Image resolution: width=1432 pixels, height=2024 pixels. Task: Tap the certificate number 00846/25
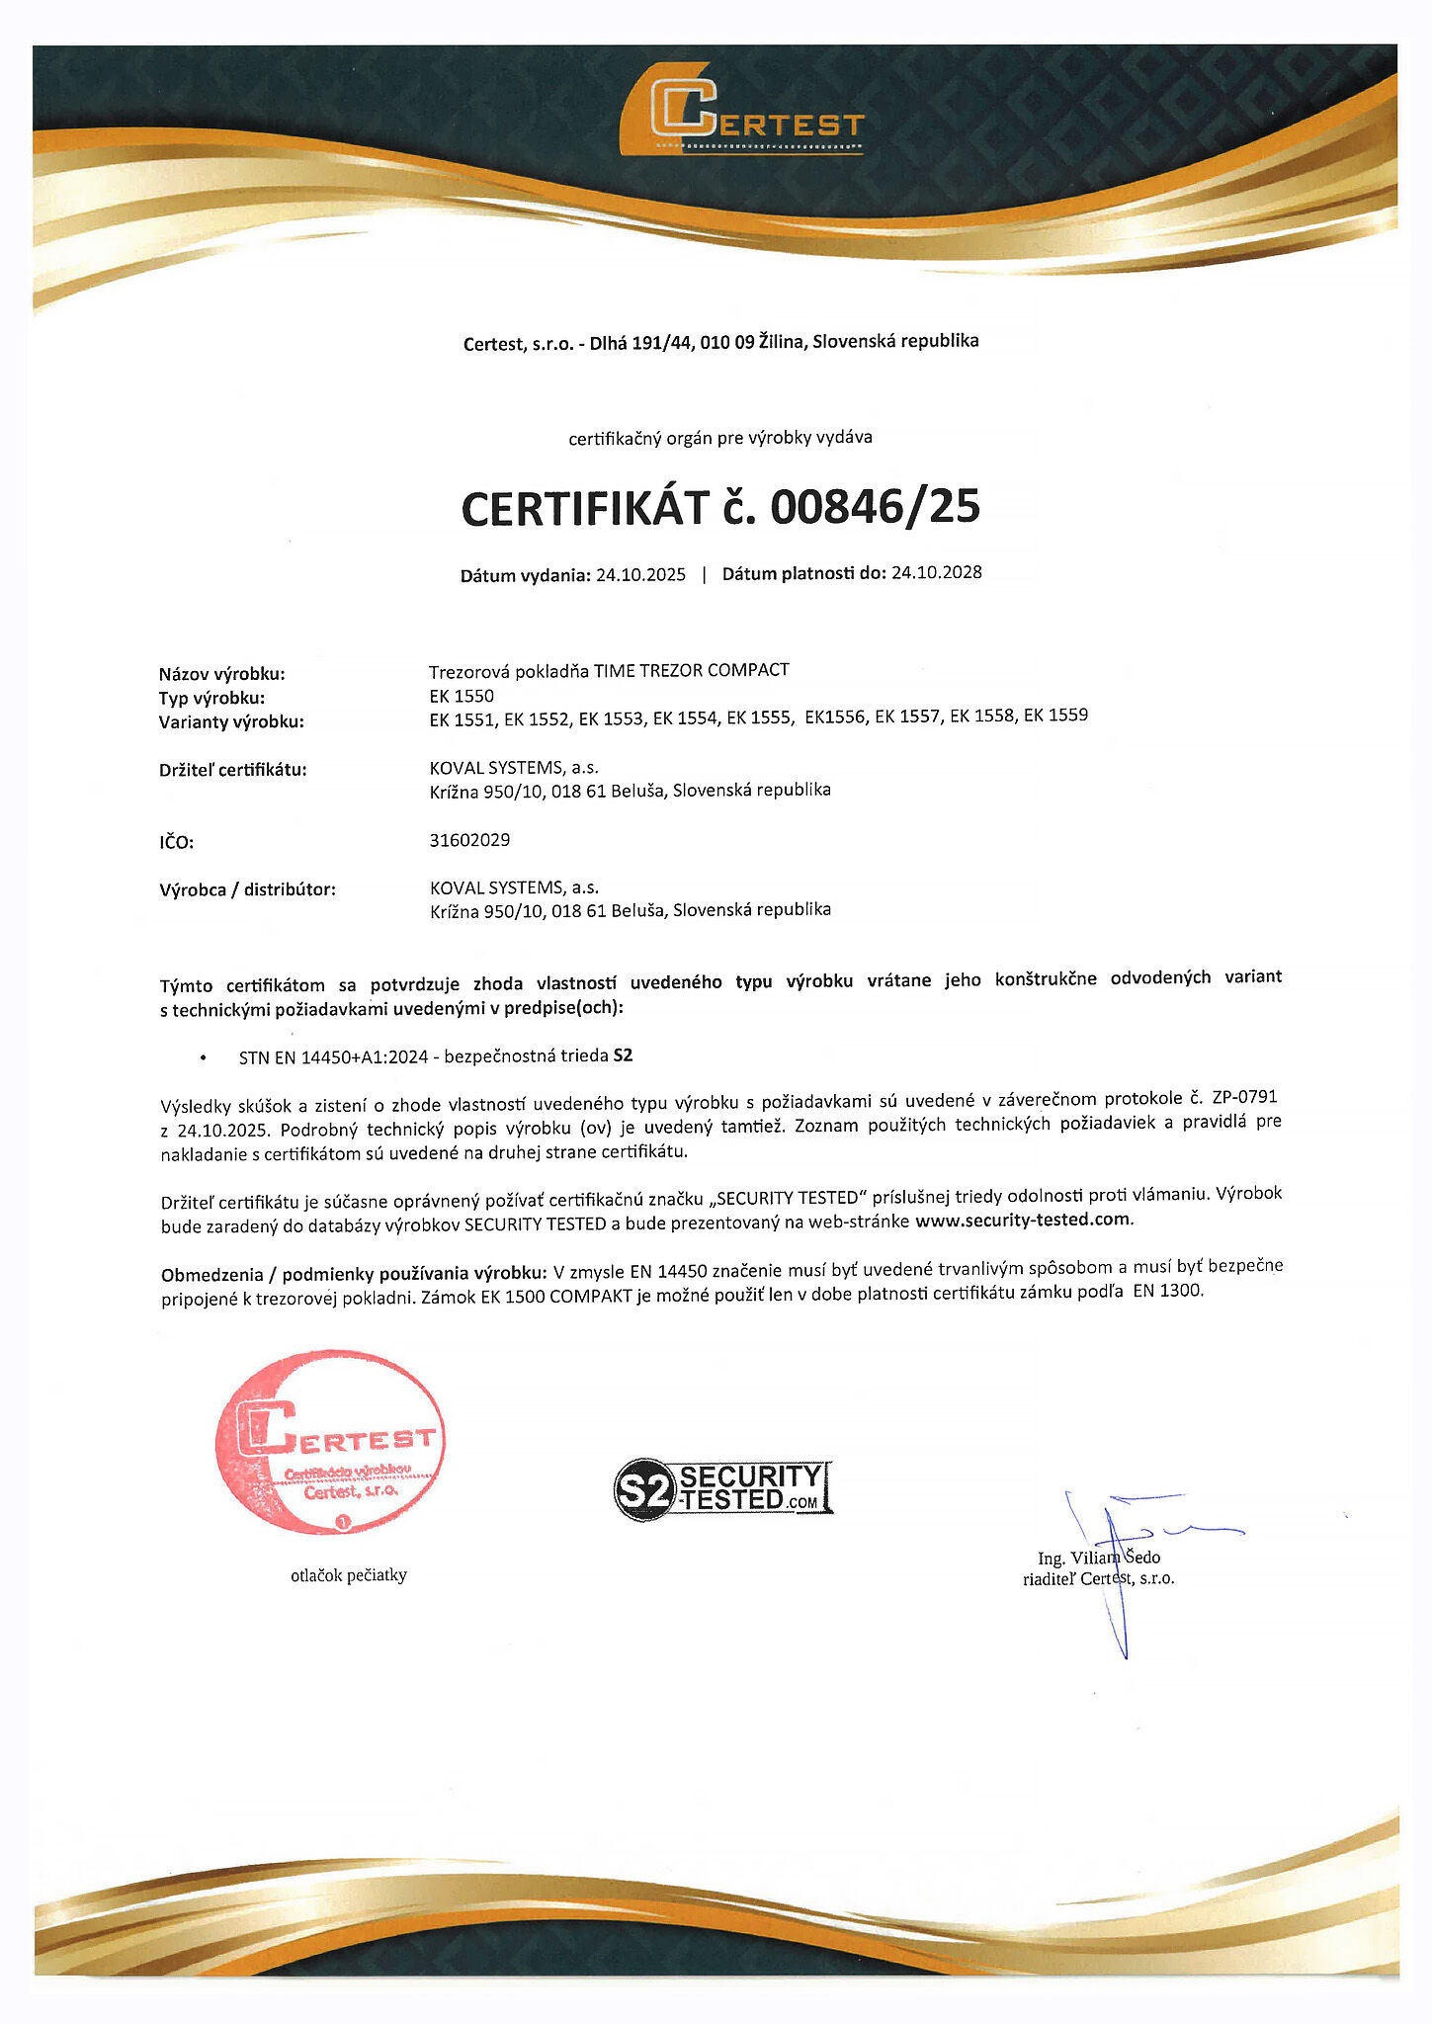point(875,507)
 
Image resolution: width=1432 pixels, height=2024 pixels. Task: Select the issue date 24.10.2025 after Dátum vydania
point(640,575)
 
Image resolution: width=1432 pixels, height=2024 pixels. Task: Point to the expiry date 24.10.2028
point(936,572)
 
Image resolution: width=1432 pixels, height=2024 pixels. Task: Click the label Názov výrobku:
point(221,674)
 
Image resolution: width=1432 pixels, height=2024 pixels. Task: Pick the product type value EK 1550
point(462,696)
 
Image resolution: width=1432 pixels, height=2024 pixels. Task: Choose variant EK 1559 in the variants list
point(1055,715)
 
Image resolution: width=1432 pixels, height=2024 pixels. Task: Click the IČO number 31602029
point(469,840)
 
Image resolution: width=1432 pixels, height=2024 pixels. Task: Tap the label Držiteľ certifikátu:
point(233,770)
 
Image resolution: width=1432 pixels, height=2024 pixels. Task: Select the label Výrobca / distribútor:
point(247,889)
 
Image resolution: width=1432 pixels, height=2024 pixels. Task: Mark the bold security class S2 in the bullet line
point(623,1055)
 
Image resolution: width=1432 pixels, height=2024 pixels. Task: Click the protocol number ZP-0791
point(1244,1098)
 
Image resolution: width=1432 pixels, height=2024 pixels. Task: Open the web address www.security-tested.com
point(1023,1220)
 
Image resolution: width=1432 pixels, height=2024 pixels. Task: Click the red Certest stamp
point(330,1442)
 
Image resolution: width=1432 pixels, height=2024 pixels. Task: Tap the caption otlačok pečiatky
point(349,1575)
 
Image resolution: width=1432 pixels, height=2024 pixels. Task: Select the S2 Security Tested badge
point(723,1488)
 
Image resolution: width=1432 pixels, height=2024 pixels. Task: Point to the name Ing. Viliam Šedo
point(1099,1558)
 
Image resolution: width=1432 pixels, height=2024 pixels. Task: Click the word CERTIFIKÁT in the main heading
point(585,508)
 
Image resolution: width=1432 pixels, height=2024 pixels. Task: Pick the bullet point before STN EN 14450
point(204,1057)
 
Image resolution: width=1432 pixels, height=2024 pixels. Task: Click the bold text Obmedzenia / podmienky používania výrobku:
point(353,1273)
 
